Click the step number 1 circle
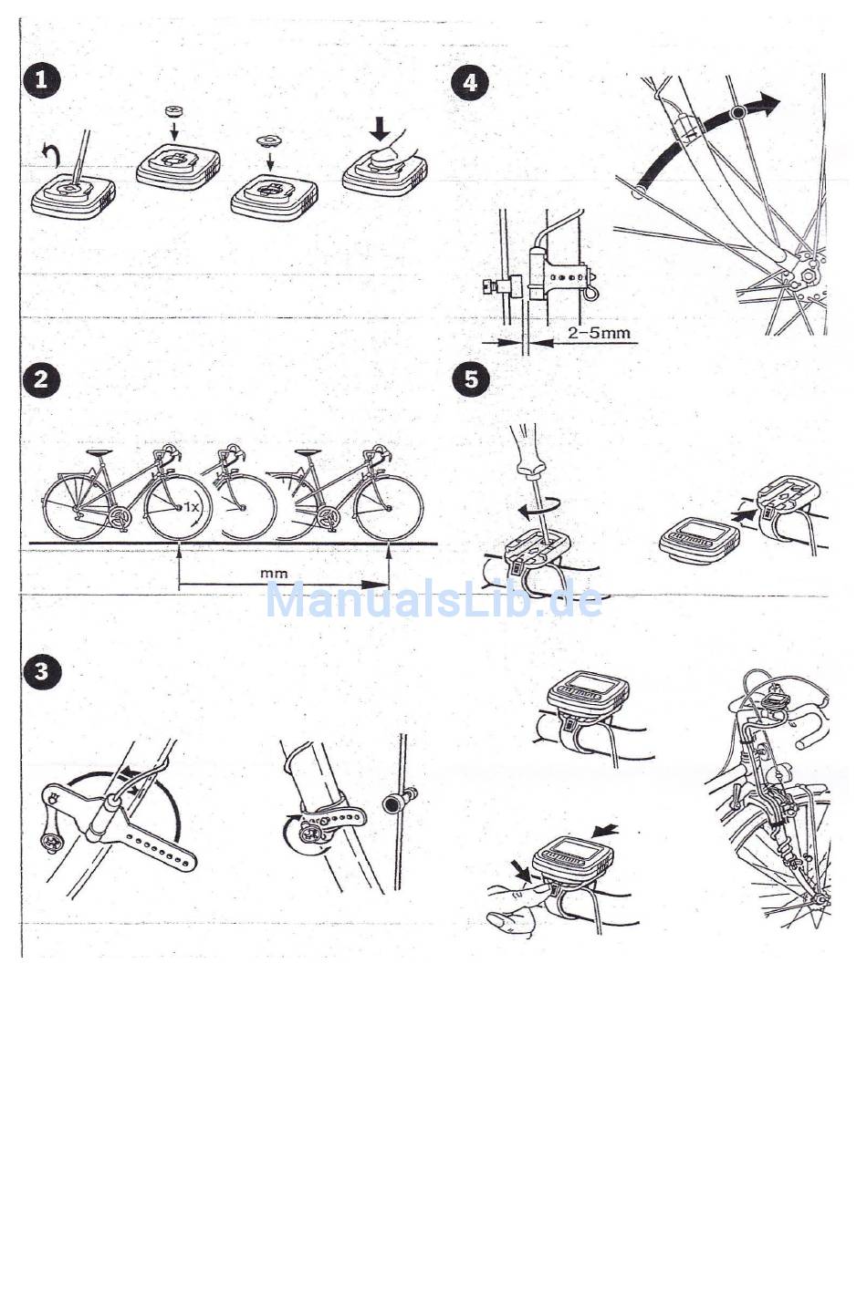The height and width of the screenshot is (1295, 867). tap(42, 79)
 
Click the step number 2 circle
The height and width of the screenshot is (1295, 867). tap(42, 379)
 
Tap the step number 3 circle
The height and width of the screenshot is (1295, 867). tap(42, 671)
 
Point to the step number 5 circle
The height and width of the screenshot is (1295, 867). tap(472, 379)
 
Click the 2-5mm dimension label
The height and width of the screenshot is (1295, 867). tap(598, 333)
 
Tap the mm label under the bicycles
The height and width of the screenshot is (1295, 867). tap(274, 574)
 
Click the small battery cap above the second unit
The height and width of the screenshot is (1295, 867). tap(172, 109)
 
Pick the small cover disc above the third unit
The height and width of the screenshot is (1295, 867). tap(266, 140)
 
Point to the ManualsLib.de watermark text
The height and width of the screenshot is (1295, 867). tap(433, 599)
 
